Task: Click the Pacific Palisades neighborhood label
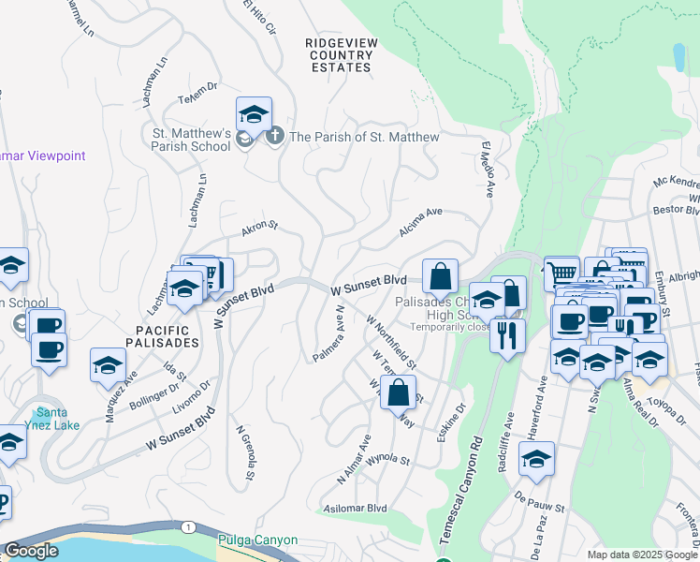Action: coord(162,337)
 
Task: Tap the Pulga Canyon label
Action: coord(257,540)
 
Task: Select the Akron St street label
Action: coord(260,226)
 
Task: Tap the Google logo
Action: coord(31,551)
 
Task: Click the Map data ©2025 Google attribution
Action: coord(641,555)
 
